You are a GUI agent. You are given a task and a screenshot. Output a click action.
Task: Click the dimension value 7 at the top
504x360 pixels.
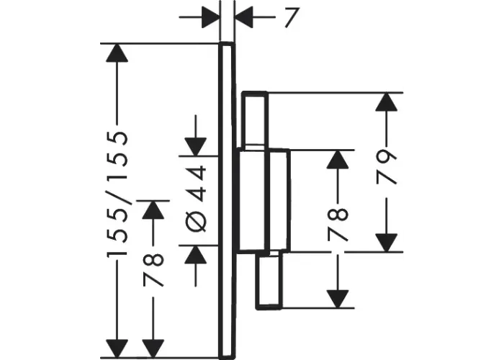point(292,18)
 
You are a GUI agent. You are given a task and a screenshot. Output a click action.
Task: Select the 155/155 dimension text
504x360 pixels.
point(117,193)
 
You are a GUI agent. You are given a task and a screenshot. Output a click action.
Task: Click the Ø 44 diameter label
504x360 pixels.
point(196,199)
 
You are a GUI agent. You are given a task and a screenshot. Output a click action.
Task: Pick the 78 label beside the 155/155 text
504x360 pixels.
point(153,269)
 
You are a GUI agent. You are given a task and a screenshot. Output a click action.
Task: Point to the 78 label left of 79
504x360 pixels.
point(338,224)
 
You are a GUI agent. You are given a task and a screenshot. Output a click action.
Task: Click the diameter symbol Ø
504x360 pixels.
point(196,222)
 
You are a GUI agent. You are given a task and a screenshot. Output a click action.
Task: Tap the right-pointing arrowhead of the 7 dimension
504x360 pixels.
point(211,17)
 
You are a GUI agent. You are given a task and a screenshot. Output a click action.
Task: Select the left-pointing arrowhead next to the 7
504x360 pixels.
point(244,17)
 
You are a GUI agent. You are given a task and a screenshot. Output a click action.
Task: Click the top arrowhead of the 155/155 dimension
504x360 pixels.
point(117,53)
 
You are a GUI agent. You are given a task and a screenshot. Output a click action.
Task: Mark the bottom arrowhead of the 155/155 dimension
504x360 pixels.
point(117,348)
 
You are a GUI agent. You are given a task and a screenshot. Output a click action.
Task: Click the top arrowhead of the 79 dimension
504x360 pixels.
point(387,102)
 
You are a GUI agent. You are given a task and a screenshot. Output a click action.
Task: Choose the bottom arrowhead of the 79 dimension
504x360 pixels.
point(387,243)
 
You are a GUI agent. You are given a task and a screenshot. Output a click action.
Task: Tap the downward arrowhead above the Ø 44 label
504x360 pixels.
point(195,147)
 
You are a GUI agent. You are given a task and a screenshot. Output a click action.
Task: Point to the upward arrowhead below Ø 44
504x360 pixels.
point(195,255)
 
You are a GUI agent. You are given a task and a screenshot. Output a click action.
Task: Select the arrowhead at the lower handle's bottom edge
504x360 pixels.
point(338,299)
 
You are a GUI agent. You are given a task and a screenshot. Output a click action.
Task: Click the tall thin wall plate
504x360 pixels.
point(227,199)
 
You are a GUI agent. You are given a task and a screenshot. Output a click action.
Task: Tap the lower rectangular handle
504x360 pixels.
point(269,280)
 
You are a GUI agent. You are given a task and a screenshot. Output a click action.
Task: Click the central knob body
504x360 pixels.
point(264,200)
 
